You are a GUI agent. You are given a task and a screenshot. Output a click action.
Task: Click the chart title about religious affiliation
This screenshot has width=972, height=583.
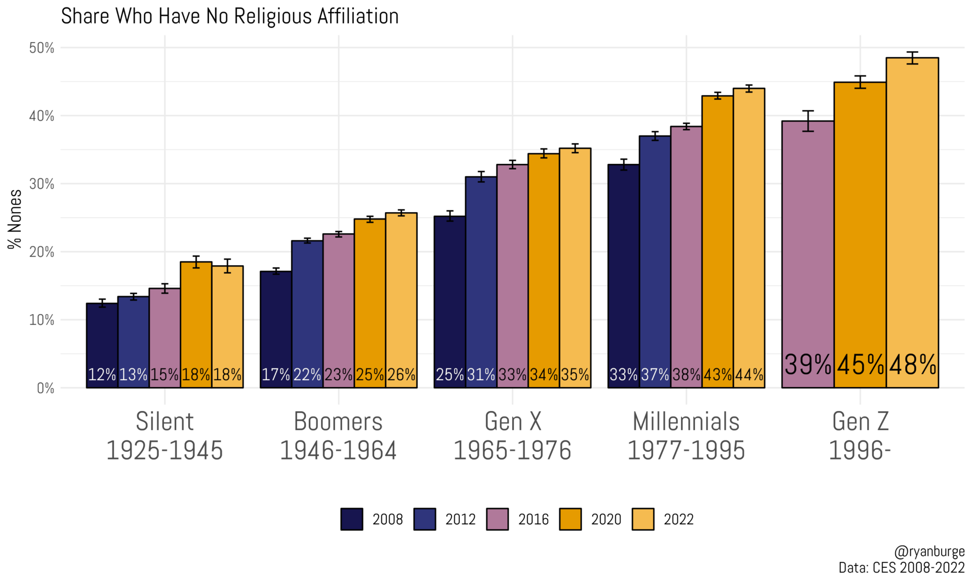(230, 16)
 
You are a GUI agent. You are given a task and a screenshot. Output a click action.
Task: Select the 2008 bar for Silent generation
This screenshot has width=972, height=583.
(102, 344)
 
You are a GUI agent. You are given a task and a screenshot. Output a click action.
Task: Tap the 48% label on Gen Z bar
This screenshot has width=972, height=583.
(913, 364)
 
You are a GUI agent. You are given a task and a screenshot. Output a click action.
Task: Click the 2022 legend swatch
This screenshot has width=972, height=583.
(643, 519)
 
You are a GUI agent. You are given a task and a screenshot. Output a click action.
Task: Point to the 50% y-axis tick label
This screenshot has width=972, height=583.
(42, 48)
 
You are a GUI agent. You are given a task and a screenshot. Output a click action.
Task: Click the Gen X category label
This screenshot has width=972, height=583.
(512, 422)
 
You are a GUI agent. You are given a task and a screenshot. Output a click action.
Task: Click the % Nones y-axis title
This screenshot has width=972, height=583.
(15, 219)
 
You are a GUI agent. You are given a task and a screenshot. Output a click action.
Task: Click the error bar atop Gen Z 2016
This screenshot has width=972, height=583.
(808, 121)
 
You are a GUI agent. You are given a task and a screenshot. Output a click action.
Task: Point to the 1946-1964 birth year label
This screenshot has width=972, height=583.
(338, 450)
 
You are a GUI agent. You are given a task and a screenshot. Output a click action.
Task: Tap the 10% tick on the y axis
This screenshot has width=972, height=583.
(42, 320)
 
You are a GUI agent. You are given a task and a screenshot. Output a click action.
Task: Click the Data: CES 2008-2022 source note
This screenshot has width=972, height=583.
(901, 568)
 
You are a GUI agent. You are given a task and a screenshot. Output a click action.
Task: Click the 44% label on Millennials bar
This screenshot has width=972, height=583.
(749, 375)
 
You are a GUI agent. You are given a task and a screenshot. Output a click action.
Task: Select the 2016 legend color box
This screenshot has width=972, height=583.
(497, 519)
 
